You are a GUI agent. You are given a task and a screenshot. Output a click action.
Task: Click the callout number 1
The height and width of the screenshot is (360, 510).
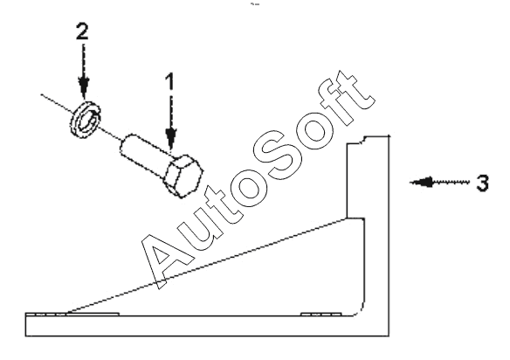(x=170, y=81)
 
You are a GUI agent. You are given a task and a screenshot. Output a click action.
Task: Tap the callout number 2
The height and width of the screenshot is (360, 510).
(x=82, y=31)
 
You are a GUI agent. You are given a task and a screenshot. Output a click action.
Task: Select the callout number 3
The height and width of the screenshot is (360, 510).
(x=482, y=183)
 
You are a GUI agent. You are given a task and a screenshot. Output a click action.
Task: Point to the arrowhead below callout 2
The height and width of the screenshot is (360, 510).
(x=84, y=87)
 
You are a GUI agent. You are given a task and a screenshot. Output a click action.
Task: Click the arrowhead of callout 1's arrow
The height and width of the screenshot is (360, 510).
(x=171, y=138)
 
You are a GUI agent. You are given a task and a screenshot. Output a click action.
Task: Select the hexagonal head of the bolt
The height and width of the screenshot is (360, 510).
(x=183, y=176)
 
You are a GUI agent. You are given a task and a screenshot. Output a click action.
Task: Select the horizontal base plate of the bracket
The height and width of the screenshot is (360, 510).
(x=207, y=326)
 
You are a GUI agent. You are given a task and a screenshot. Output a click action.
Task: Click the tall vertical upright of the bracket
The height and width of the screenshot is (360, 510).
(x=377, y=228)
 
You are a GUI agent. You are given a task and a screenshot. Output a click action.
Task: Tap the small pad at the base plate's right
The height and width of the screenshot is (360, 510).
(x=321, y=314)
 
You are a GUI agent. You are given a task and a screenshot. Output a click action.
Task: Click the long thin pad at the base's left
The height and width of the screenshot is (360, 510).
(x=72, y=314)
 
